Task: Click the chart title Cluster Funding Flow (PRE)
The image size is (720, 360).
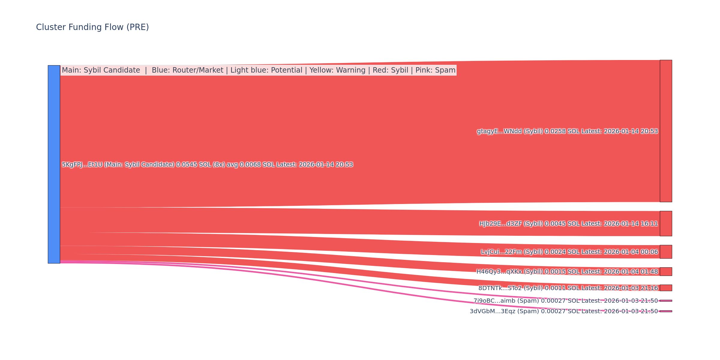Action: (x=92, y=27)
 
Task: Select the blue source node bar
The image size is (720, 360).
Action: (x=54, y=164)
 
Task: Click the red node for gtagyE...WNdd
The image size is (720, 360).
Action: (x=666, y=131)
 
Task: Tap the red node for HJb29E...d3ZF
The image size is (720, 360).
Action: (x=666, y=223)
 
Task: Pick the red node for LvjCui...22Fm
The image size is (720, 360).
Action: (x=666, y=252)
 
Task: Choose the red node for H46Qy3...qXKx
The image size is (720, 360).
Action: (x=666, y=271)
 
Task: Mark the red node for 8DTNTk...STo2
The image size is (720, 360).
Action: (x=666, y=288)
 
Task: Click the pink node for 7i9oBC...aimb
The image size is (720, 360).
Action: (x=666, y=301)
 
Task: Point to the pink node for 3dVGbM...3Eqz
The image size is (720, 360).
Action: (x=666, y=311)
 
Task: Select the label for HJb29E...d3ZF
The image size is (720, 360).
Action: (x=568, y=224)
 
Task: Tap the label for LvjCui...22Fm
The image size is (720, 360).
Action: (x=569, y=252)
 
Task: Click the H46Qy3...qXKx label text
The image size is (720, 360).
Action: (x=567, y=272)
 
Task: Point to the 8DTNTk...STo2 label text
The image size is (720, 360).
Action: (x=568, y=288)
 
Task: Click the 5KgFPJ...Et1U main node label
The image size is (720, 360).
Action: (x=207, y=165)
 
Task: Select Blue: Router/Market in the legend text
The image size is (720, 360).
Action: (x=187, y=70)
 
